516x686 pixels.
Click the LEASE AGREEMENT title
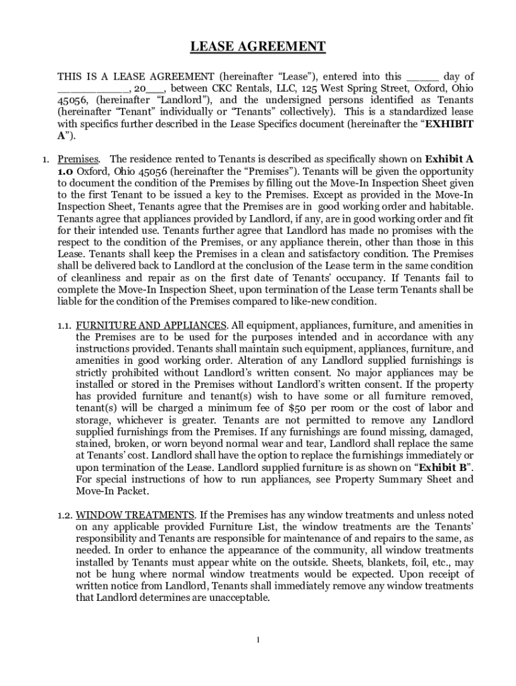click(x=258, y=46)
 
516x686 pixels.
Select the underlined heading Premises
click(x=78, y=159)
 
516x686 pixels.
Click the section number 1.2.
click(x=65, y=515)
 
